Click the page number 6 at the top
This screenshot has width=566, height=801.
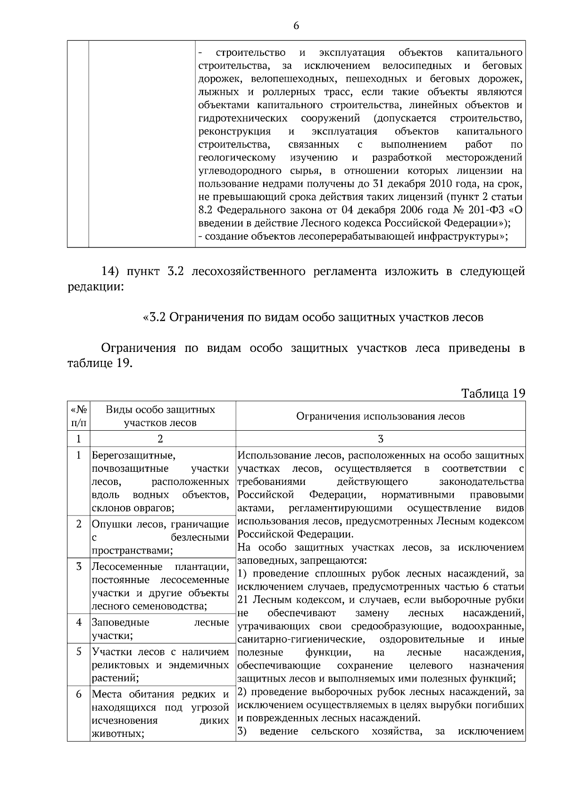coord(296,26)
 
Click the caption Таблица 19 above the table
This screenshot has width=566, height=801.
coord(493,393)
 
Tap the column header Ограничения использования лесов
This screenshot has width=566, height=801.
coord(380,416)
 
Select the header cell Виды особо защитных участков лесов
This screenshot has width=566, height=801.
coord(160,416)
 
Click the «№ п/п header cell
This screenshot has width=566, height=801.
coord(78,416)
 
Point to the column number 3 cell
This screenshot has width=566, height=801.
coord(380,439)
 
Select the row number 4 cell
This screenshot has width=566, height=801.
coord(79,622)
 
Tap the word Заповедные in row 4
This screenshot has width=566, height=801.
coord(120,622)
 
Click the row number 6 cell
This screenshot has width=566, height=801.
coord(79,694)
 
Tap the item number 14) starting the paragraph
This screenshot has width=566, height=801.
coord(113,272)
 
